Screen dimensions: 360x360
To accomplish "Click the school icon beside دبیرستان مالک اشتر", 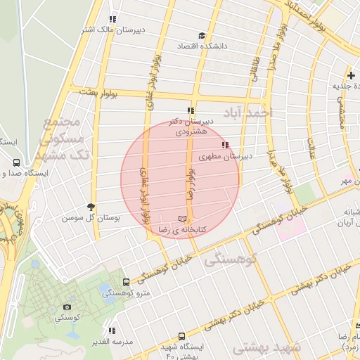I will click(x=112, y=20).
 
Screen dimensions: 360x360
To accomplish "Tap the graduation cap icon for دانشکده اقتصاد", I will click(x=202, y=35).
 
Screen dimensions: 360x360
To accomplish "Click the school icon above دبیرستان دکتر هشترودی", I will click(x=191, y=110).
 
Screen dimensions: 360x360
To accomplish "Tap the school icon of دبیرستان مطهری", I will click(x=225, y=146).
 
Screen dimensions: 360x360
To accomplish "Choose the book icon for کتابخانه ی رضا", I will click(x=184, y=219).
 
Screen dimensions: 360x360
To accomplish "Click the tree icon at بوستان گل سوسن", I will click(x=91, y=206).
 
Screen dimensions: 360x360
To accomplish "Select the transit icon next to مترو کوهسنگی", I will click(x=126, y=282).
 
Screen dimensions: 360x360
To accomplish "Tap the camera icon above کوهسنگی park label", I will click(x=67, y=307).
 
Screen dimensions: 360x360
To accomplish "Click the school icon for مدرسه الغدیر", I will click(x=112, y=330).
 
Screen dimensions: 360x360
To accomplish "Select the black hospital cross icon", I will click(x=351, y=75).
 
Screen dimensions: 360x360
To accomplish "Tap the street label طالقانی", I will click(x=255, y=71).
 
